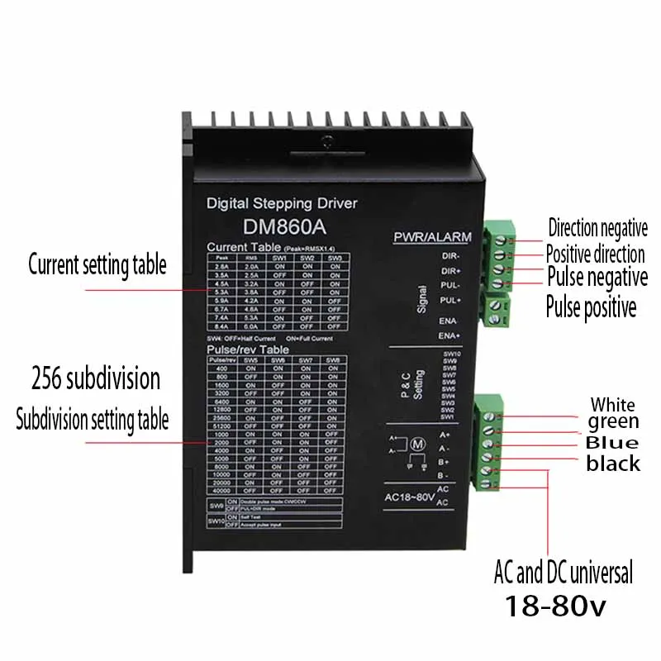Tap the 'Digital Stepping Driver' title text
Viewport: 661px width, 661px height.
click(281, 202)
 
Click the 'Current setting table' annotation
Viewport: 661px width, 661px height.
click(97, 265)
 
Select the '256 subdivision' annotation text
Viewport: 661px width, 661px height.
click(96, 379)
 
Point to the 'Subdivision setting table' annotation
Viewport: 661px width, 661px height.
click(93, 419)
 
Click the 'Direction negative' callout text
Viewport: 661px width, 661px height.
click(597, 227)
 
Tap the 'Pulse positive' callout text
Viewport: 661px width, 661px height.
click(591, 307)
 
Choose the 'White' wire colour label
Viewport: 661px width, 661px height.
click(612, 404)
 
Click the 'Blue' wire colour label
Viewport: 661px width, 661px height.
click(612, 442)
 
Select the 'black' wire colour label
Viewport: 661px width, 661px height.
click(613, 464)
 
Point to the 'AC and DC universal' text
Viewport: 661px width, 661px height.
click(564, 571)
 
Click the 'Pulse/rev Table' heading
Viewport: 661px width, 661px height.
click(245, 350)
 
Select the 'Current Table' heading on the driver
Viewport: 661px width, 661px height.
click(243, 246)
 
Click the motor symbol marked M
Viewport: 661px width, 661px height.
click(416, 445)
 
